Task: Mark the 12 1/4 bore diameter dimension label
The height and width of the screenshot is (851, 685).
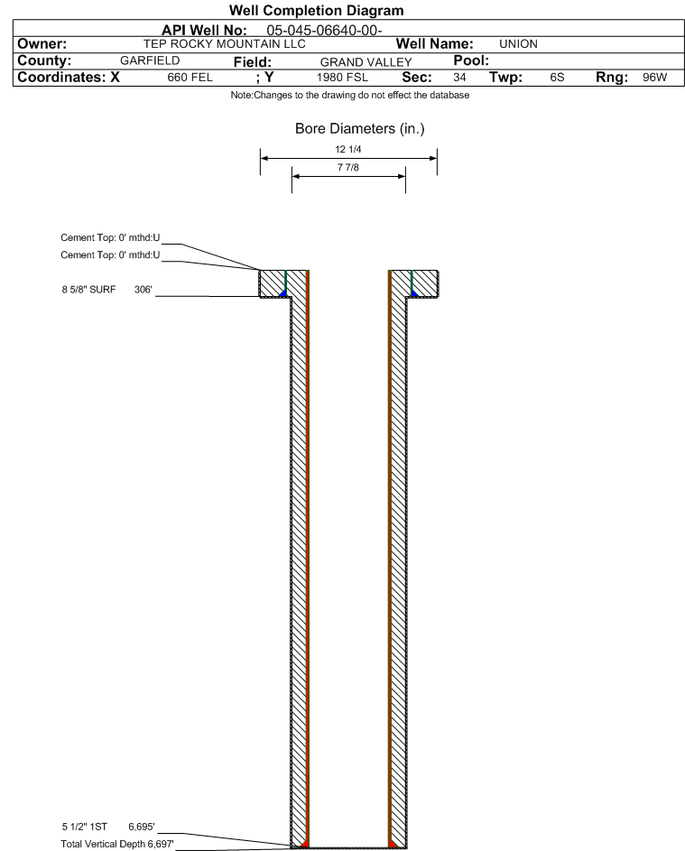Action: pos(348,150)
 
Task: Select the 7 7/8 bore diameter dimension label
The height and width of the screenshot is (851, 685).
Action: pos(348,169)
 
